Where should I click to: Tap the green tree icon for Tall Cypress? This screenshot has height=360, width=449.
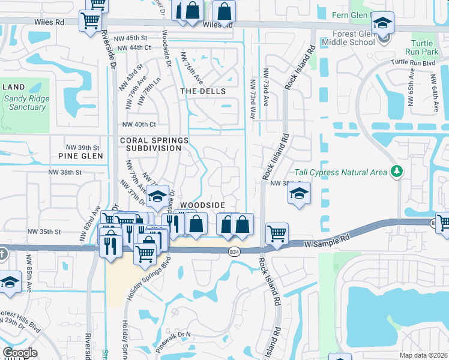coord(396,172)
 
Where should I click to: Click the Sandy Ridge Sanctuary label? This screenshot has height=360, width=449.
coord(27,103)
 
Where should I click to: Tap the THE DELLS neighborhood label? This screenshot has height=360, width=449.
coord(203,91)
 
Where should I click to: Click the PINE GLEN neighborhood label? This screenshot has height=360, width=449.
coord(81,156)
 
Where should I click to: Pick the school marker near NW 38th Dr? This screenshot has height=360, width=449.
coord(298,194)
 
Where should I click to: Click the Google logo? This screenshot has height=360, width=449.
coord(20,353)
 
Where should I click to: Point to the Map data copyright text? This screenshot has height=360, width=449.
coord(424,355)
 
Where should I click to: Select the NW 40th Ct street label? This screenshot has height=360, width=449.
coord(139,124)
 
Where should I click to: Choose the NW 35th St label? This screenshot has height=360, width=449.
coord(44,231)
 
